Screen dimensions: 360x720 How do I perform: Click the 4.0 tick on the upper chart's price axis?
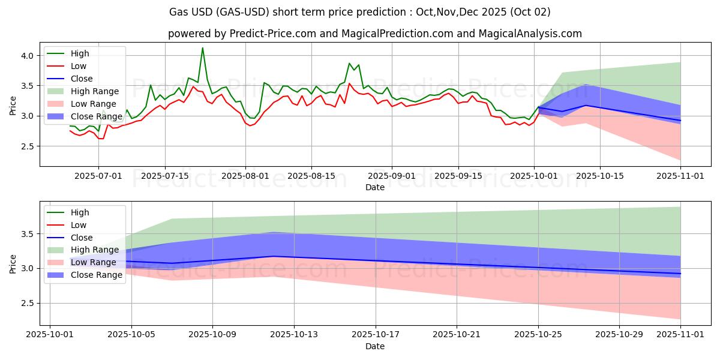pos(29,55)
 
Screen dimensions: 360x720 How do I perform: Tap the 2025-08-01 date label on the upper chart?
pos(245,176)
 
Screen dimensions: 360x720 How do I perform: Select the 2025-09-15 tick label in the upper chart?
pos(458,176)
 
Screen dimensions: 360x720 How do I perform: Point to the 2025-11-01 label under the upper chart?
pos(680,176)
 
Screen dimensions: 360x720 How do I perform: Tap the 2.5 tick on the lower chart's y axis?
pos(29,303)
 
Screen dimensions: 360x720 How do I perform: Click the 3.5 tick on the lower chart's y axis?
pos(29,234)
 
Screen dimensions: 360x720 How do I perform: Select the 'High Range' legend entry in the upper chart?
pos(94,91)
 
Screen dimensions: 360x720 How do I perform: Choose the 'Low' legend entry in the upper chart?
pos(79,66)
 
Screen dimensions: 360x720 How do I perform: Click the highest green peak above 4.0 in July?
pos(202,48)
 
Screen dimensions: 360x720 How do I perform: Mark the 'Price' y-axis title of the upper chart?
pos(13,104)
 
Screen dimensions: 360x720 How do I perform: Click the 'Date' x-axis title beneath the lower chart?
pos(375,346)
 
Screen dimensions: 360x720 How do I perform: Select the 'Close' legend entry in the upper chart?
pos(82,79)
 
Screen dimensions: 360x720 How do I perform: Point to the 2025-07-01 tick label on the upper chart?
pos(98,176)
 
